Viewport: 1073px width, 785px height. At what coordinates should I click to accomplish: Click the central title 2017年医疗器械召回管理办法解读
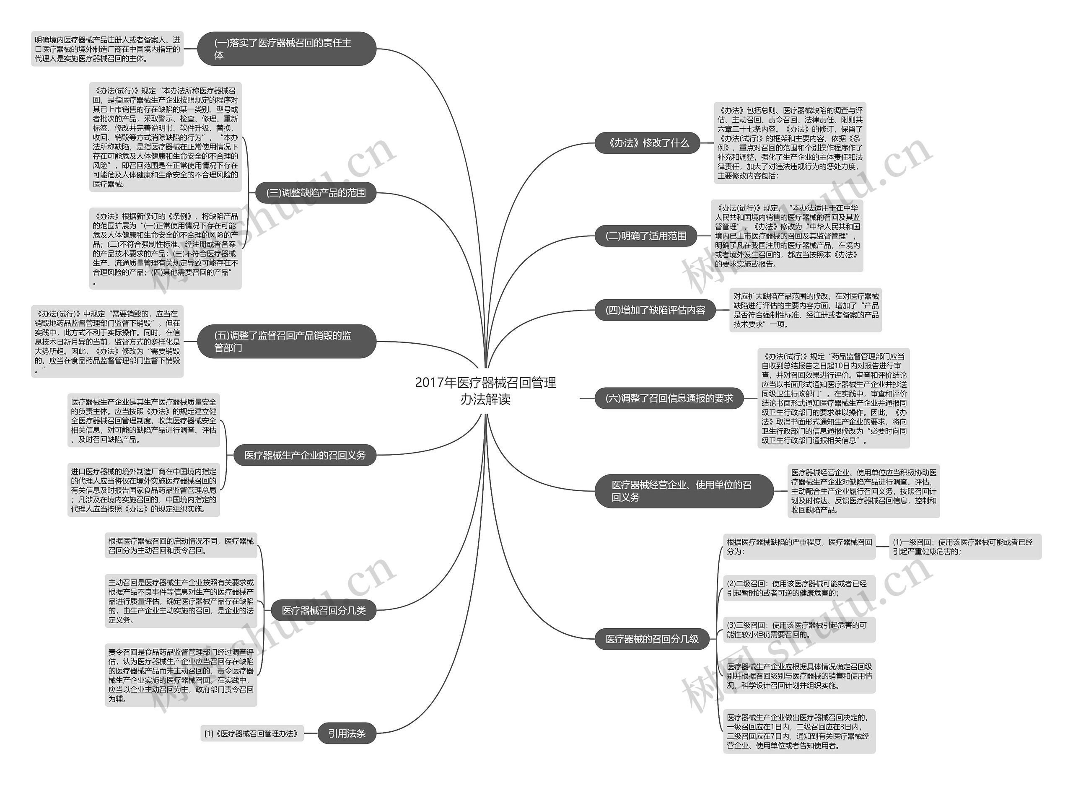(485, 391)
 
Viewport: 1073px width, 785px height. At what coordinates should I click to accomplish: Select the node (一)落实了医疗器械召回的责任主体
(287, 49)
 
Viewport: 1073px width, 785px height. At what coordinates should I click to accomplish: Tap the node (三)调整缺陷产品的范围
(316, 193)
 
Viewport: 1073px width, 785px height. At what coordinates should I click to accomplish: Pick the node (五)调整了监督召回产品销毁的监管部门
(287, 342)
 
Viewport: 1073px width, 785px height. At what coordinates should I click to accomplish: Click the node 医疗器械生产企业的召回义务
(305, 455)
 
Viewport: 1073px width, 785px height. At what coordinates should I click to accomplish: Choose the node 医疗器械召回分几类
(323, 611)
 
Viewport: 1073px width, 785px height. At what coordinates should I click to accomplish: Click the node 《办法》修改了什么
(647, 143)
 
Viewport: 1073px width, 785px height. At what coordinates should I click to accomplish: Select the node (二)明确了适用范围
(646, 236)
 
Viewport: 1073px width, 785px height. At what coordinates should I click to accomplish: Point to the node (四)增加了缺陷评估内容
(655, 310)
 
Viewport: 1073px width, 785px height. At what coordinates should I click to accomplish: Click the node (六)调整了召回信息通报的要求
(669, 398)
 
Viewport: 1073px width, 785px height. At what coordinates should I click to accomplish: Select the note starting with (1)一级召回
(965, 547)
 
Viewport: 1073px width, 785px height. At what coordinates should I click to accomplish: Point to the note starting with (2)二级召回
(799, 588)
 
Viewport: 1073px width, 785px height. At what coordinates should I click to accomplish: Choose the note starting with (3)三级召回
(799, 630)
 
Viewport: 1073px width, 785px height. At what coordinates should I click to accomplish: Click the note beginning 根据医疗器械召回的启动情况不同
(181, 546)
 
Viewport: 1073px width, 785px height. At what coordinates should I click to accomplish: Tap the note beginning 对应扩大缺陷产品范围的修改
(806, 310)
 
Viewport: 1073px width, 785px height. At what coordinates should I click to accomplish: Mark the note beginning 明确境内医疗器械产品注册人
(107, 49)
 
